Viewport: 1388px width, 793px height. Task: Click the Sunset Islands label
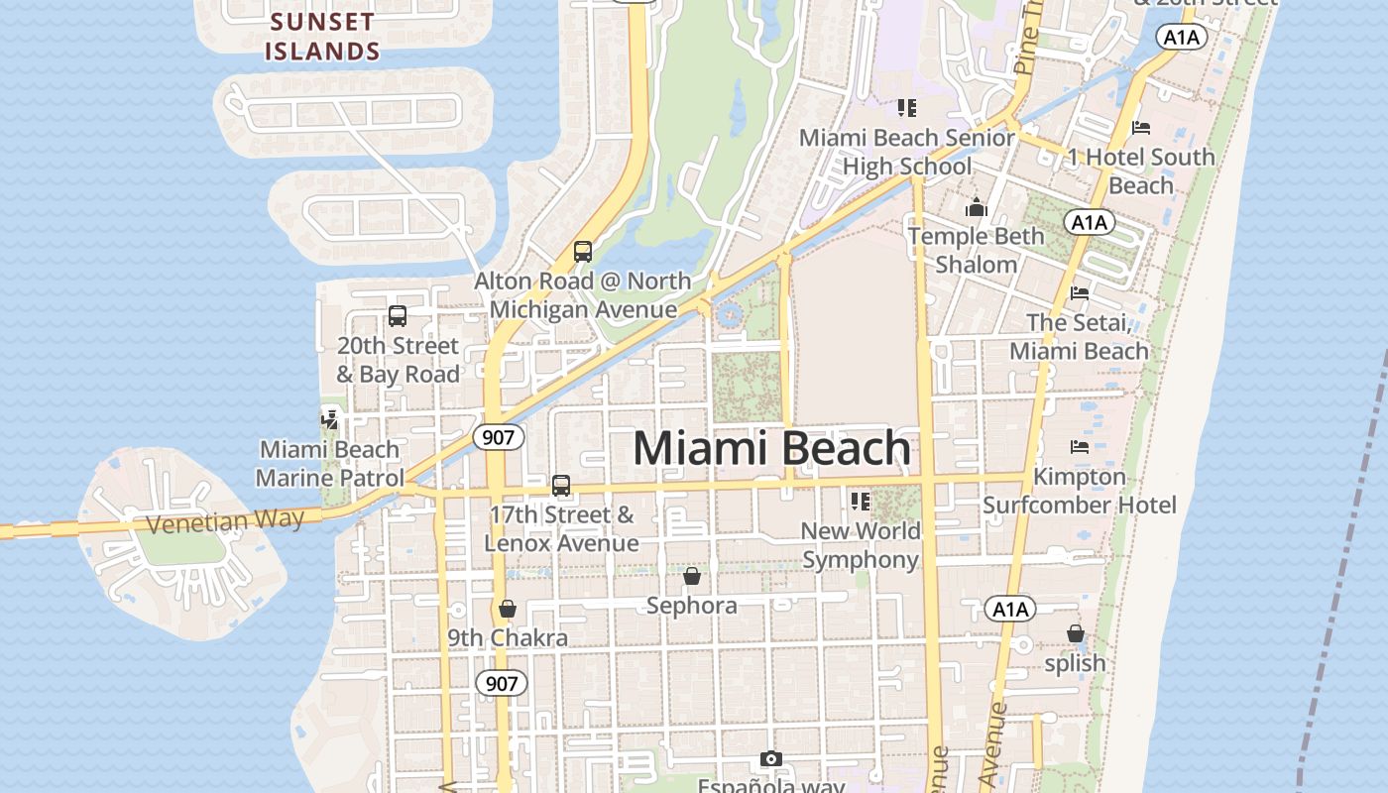tap(322, 36)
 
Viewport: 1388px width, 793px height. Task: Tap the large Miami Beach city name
tap(771, 448)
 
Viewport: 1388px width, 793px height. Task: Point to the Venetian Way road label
tap(225, 520)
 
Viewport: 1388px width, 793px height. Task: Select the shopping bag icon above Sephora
tap(692, 575)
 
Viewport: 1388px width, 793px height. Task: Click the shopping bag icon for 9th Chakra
tap(508, 608)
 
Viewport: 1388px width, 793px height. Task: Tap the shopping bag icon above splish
tap(1076, 632)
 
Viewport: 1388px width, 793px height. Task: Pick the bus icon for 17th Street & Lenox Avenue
tap(561, 485)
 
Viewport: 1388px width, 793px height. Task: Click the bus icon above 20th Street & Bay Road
tap(398, 316)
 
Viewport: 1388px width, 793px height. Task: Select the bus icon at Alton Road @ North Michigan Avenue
tap(583, 252)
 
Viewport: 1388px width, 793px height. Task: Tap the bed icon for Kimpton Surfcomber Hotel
tap(1080, 447)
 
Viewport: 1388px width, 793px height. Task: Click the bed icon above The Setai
tap(1080, 292)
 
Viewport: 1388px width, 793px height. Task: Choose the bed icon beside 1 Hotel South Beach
tap(1141, 128)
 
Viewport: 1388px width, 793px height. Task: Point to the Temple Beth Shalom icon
tap(977, 207)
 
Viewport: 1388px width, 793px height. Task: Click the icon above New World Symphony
tap(860, 502)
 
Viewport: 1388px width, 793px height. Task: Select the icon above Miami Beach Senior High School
tap(907, 107)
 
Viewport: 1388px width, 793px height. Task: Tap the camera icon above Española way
tap(771, 758)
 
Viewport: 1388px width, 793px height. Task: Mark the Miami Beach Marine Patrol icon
tap(330, 419)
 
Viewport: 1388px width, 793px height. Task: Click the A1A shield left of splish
tap(1010, 609)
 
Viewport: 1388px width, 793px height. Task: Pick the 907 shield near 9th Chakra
tap(502, 683)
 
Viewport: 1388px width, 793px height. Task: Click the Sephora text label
tap(692, 605)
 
